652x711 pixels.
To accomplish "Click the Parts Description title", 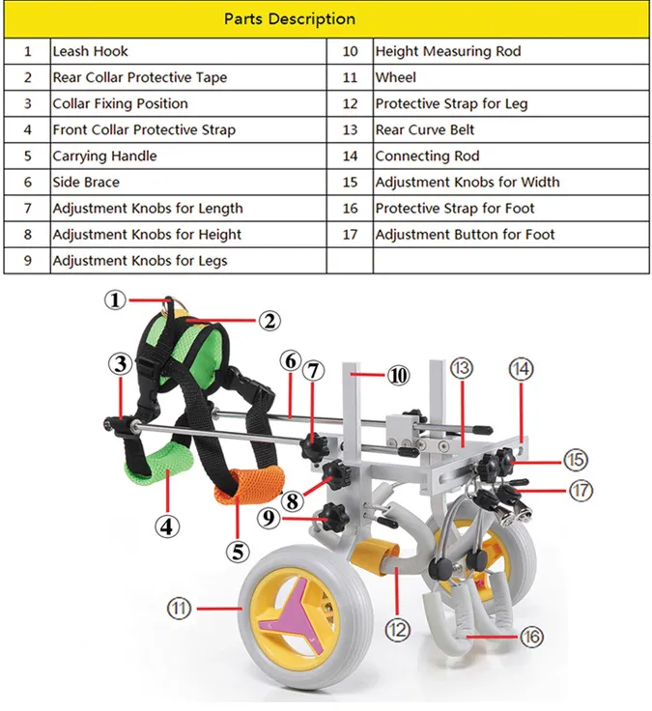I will coord(290,19).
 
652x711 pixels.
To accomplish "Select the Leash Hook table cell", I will coord(90,51).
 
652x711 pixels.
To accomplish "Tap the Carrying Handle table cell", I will coord(104,156).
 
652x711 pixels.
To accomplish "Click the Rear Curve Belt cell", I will coord(425,129).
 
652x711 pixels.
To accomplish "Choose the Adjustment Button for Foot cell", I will coord(465,234).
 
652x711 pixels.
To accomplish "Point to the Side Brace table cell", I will coord(85,182).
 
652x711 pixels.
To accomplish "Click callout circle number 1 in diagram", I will coord(116,300).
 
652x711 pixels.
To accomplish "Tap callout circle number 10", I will coord(398,376).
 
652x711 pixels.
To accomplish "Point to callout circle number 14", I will coord(521,368).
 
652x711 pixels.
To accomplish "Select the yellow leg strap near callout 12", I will coord(374,558).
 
